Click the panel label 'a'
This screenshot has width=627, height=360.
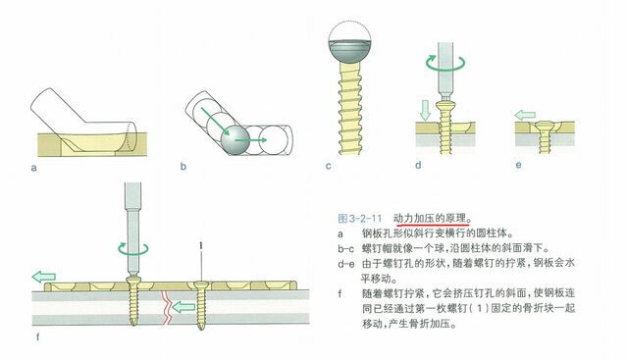point(34,168)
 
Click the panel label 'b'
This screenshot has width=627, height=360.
point(183,166)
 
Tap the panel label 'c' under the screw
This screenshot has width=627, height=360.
point(329,166)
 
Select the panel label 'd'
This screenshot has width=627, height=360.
point(418,165)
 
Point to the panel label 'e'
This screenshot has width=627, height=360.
point(518,165)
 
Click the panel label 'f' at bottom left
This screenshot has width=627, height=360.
point(38,337)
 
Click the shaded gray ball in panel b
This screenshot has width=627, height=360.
point(235,140)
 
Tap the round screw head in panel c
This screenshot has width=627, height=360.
point(350,52)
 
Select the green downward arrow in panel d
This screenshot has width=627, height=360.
point(426,110)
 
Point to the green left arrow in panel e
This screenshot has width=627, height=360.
point(525,116)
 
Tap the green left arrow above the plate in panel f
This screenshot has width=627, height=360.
point(43,277)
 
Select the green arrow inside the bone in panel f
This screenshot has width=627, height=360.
point(183,307)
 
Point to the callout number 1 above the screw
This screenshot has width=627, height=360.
point(201,245)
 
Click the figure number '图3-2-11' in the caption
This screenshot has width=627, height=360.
point(359,218)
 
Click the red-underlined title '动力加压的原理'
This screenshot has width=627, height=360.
point(430,218)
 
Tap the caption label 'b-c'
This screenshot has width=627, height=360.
point(346,249)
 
